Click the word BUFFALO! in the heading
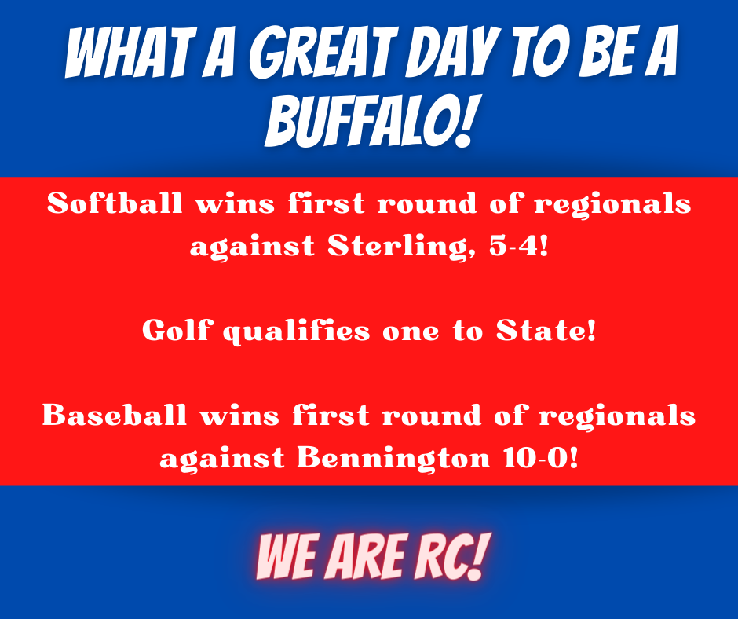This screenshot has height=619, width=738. point(369,121)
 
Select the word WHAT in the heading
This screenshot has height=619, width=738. point(130,52)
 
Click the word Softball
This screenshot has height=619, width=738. point(115,203)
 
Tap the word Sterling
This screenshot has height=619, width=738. point(401,246)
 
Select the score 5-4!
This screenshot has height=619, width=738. point(519,246)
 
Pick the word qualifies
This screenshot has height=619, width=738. point(297,331)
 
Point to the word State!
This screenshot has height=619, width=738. point(546,330)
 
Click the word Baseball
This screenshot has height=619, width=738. point(115,415)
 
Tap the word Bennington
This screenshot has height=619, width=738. point(393,458)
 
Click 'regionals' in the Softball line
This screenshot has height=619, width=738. point(613,204)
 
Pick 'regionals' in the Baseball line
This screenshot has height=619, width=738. point(617,416)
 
